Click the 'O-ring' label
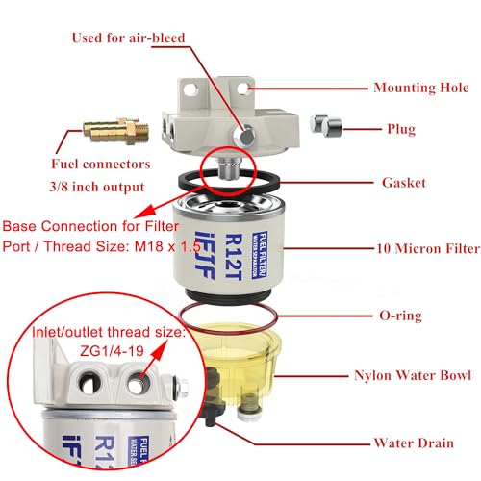point(400,314)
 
